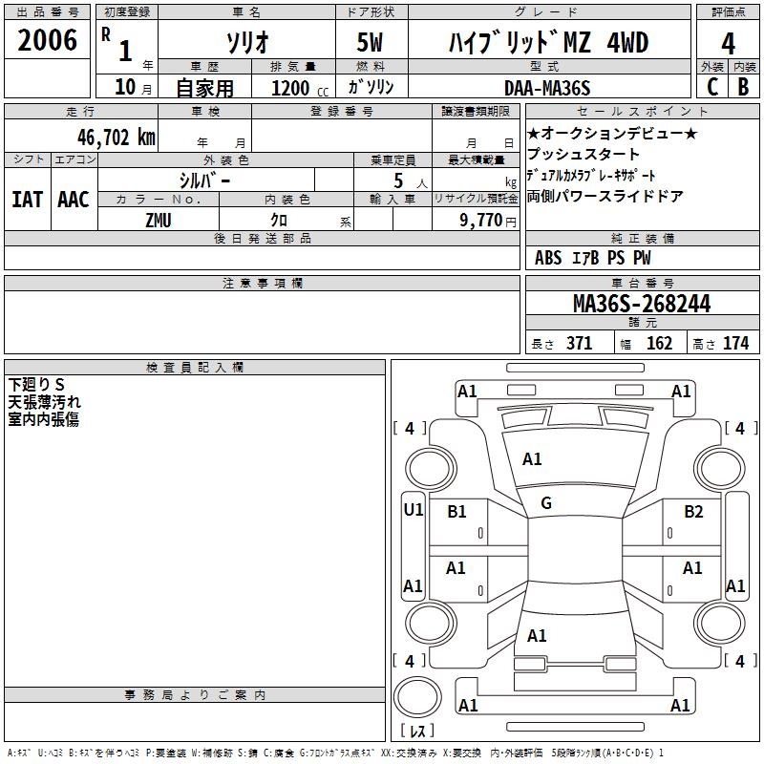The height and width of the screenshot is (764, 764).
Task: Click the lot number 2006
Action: tap(47, 40)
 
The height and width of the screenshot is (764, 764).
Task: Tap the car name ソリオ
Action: tap(246, 43)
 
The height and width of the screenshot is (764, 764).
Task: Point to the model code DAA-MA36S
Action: tap(547, 88)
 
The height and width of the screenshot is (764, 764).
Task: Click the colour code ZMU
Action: tap(159, 220)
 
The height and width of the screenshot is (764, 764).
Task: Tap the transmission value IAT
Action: tap(27, 200)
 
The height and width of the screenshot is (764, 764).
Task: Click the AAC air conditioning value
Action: tap(73, 200)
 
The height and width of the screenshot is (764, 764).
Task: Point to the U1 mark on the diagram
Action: tap(413, 510)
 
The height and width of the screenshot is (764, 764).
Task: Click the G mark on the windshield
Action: tap(546, 503)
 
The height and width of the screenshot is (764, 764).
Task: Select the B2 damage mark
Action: tap(693, 511)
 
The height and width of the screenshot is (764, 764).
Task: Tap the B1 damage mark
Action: tap(456, 511)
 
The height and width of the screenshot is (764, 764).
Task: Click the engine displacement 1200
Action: tap(290, 88)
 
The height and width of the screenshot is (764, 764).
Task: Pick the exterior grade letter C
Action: tap(711, 87)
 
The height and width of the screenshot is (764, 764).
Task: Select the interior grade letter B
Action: tap(743, 87)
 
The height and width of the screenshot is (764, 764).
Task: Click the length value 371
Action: tap(579, 344)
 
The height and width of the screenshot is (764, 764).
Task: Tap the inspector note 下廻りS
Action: tap(36, 385)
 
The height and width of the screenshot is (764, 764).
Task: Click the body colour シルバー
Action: tap(204, 180)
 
